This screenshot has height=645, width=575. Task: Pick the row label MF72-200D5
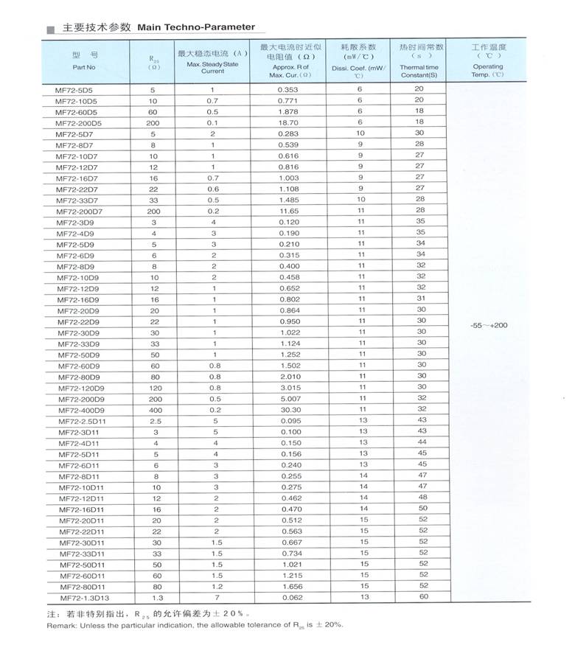79,122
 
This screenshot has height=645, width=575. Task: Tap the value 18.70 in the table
288,122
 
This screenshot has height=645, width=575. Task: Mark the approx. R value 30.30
288,410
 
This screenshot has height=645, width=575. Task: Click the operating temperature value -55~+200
488,324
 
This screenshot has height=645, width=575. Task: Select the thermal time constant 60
423,596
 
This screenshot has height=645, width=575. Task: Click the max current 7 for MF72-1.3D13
215,598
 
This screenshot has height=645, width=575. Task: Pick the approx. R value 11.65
288,211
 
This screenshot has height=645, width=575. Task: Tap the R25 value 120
156,388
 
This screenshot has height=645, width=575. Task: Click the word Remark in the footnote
61,625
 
